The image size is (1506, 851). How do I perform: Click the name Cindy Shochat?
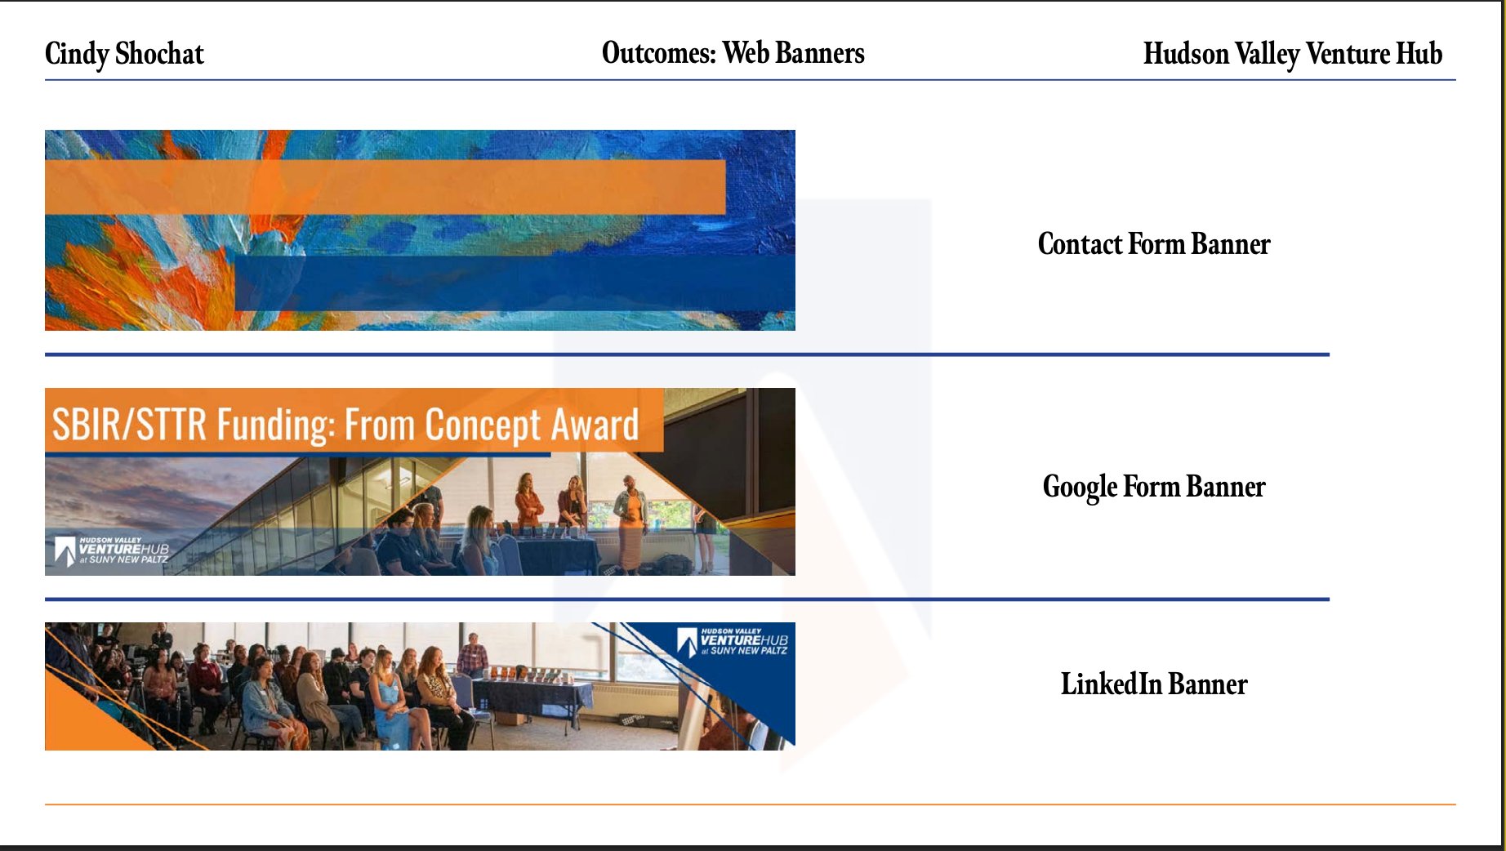(x=124, y=54)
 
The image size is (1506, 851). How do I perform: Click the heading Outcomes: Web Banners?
(x=733, y=53)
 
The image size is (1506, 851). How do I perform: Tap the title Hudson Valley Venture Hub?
(x=1292, y=54)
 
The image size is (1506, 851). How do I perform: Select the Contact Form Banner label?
(x=1154, y=243)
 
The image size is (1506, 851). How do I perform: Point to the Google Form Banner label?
(x=1154, y=487)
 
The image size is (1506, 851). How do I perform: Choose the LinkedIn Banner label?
(x=1154, y=684)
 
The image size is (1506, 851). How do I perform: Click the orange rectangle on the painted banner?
(x=385, y=187)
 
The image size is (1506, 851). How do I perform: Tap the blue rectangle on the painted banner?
(x=515, y=283)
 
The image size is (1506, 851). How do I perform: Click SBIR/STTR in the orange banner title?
(x=130, y=425)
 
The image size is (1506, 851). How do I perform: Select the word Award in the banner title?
(x=595, y=425)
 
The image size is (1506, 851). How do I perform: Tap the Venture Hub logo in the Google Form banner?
(x=111, y=551)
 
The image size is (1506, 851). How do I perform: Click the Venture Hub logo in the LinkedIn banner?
(x=733, y=642)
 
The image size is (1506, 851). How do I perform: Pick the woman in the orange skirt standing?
(x=631, y=523)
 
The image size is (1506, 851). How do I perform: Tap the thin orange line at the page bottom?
(x=750, y=804)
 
